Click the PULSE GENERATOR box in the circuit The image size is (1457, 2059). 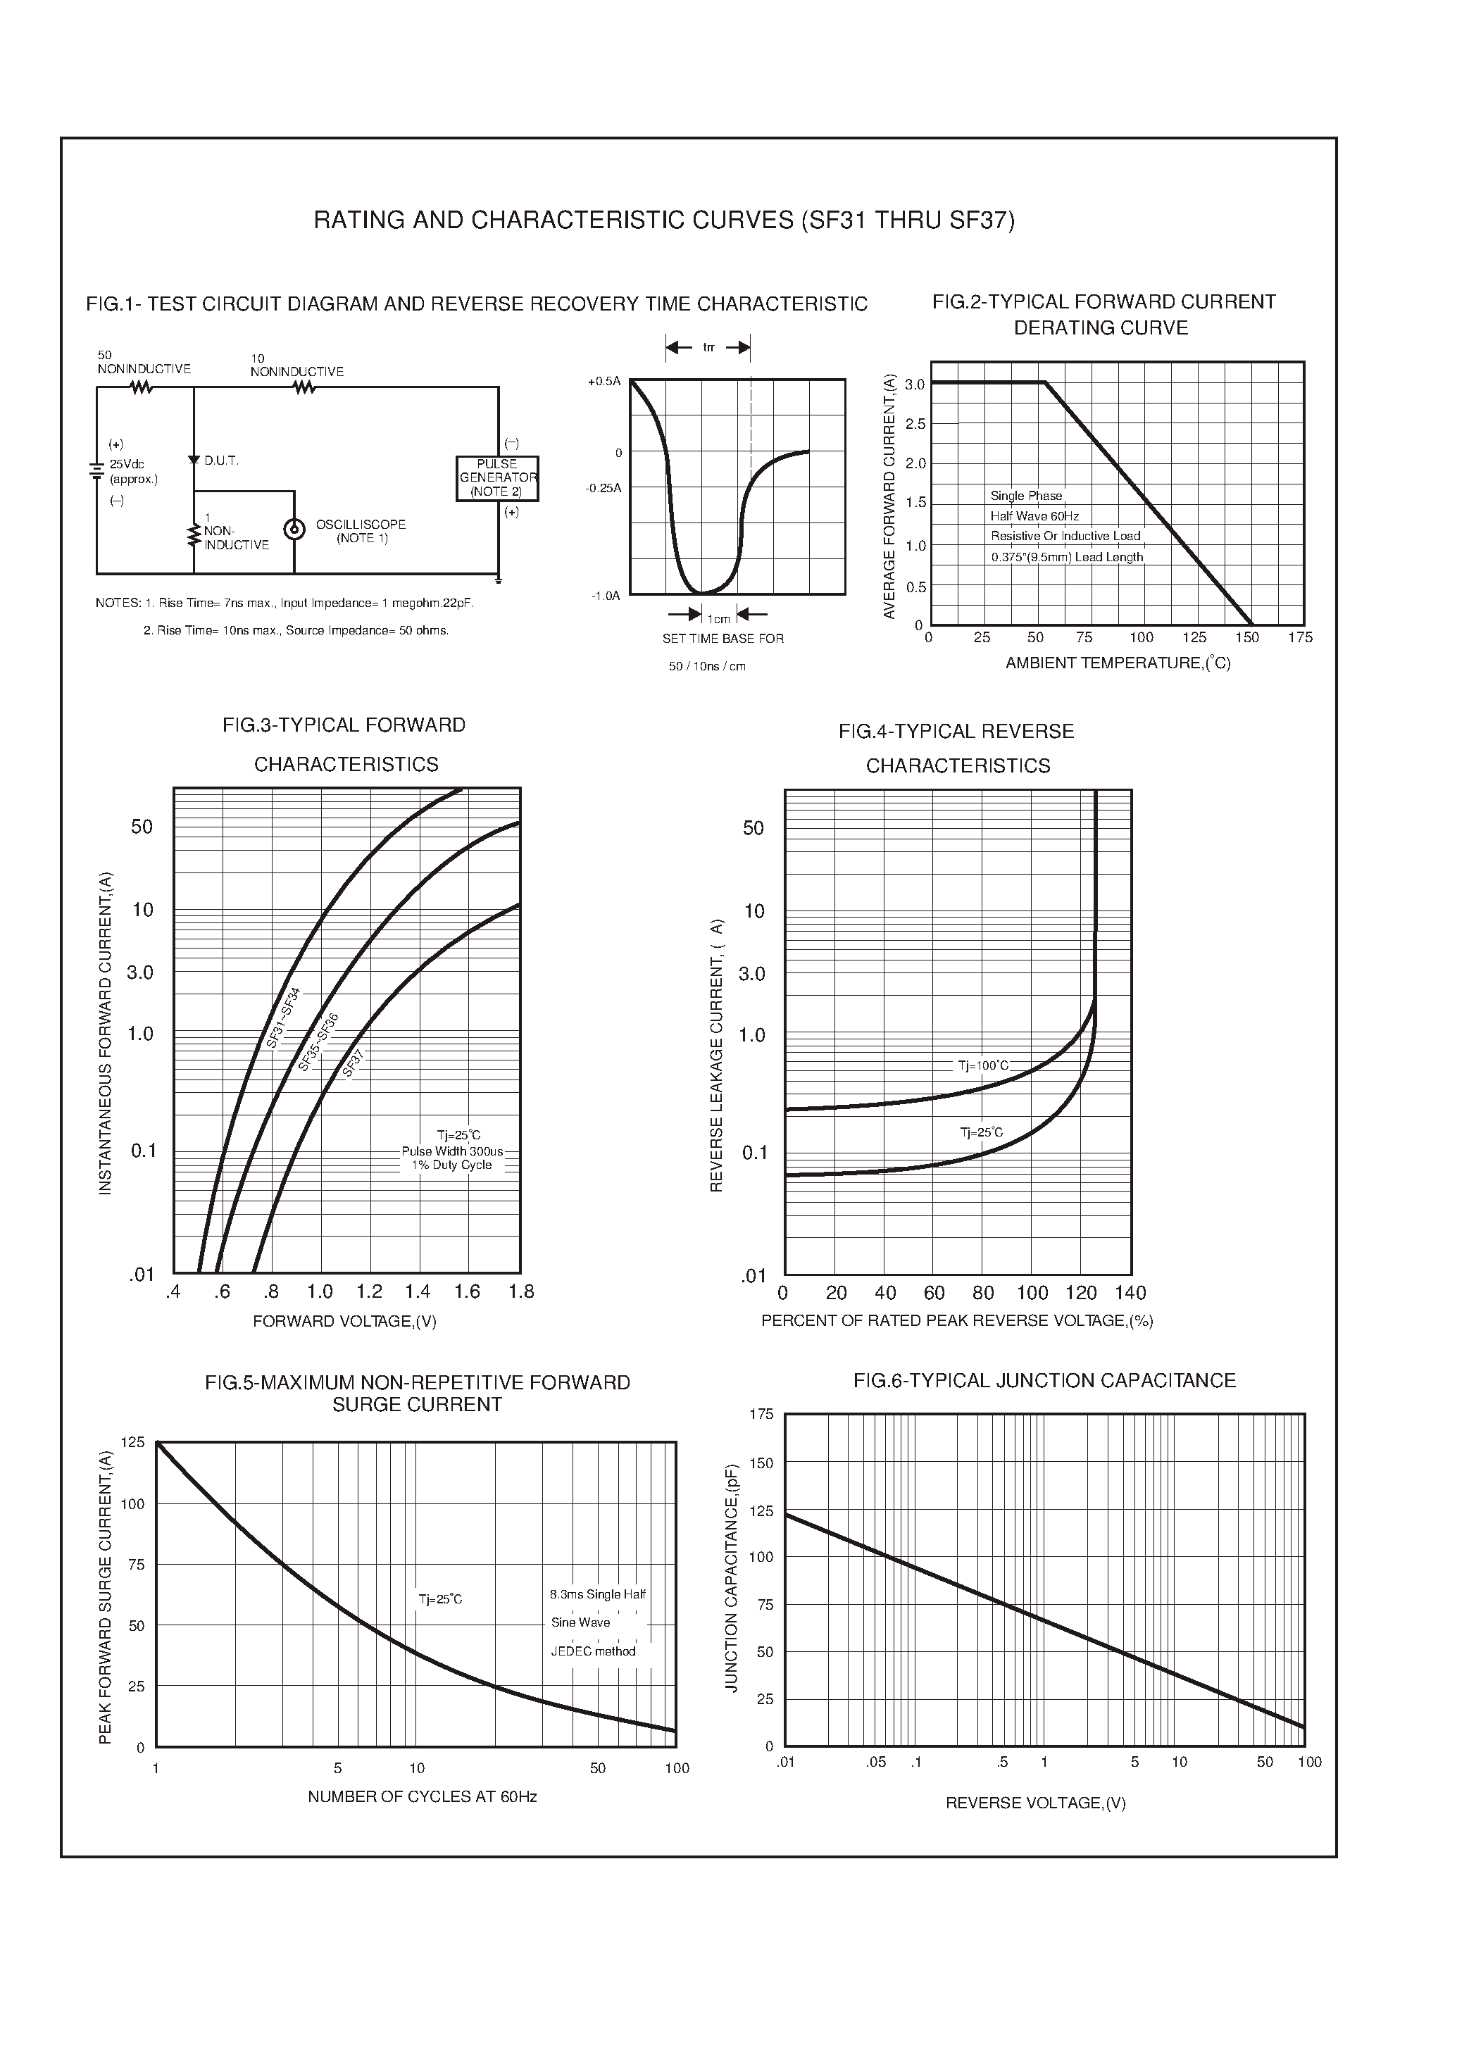click(x=497, y=478)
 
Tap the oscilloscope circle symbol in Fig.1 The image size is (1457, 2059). click(x=294, y=530)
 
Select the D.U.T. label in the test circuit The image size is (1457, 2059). click(x=220, y=461)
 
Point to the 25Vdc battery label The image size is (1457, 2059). click(x=127, y=465)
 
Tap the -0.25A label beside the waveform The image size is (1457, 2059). click(x=603, y=488)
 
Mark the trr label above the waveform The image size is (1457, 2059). click(x=708, y=347)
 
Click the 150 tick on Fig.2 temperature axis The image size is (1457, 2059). click(x=1246, y=637)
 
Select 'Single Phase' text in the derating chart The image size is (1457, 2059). click(x=1025, y=495)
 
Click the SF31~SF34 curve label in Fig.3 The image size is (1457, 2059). click(x=284, y=1018)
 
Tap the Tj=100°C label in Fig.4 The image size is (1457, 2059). click(x=982, y=1066)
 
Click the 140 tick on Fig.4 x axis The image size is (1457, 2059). click(x=1130, y=1293)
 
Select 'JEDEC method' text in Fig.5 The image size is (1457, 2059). click(x=592, y=1651)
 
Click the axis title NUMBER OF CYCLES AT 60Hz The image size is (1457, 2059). click(x=422, y=1796)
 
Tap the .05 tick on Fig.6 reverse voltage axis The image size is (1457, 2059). click(x=875, y=1762)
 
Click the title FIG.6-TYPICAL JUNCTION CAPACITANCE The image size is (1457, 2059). click(x=1044, y=1380)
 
